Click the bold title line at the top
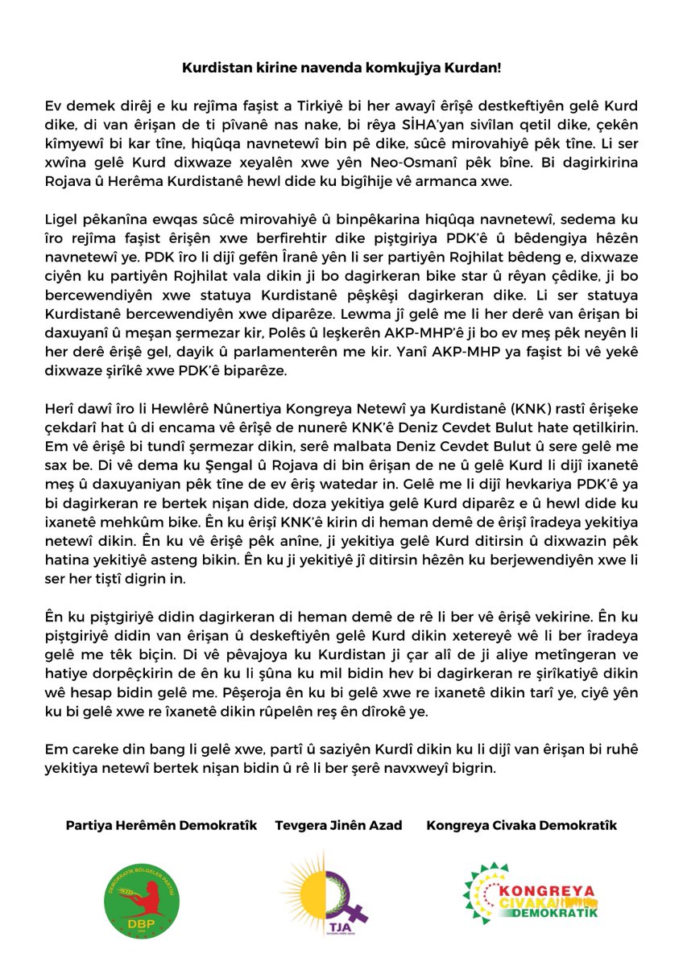(x=341, y=68)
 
